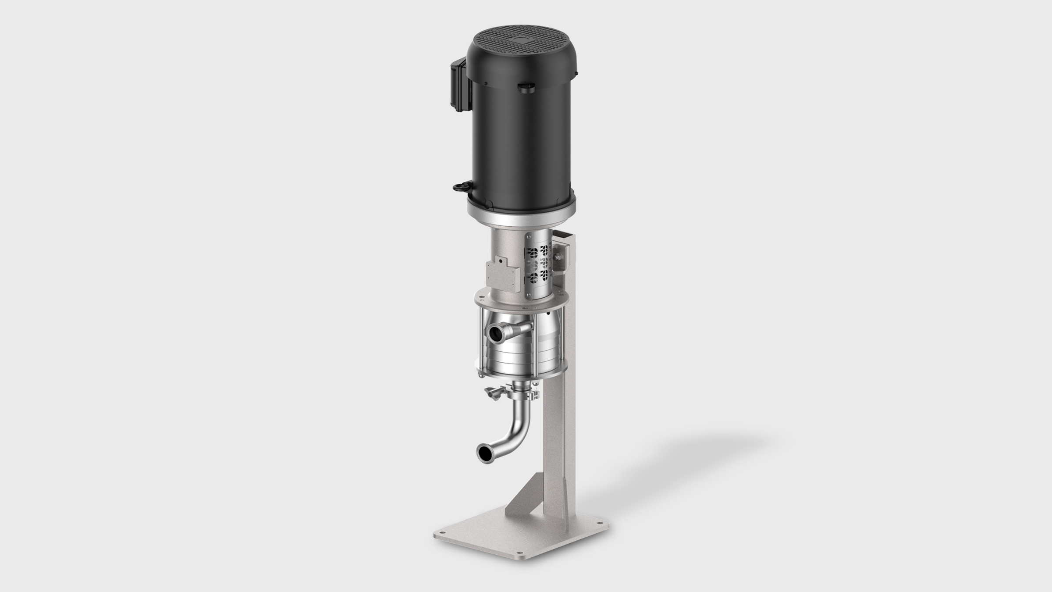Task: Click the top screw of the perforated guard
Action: coord(532,241)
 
